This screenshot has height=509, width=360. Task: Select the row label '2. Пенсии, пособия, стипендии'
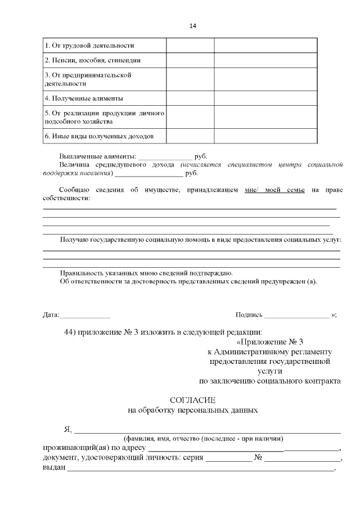92,60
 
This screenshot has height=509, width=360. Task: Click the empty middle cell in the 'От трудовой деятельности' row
190,45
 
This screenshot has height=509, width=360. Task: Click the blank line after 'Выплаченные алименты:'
165,156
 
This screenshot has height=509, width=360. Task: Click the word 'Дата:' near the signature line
51,315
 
